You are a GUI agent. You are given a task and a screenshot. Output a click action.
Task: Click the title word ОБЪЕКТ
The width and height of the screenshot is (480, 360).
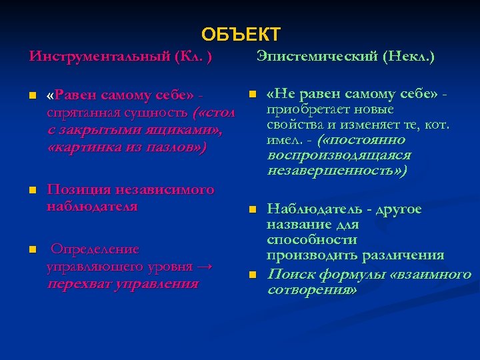(241, 34)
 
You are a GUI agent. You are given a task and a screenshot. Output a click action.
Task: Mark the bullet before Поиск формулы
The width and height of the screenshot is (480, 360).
(251, 275)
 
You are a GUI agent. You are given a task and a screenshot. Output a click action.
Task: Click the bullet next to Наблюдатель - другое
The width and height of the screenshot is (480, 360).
(251, 210)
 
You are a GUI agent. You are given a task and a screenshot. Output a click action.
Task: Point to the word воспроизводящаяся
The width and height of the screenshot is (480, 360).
(339, 155)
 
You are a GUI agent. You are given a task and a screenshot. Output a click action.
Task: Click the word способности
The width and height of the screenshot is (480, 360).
(311, 240)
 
